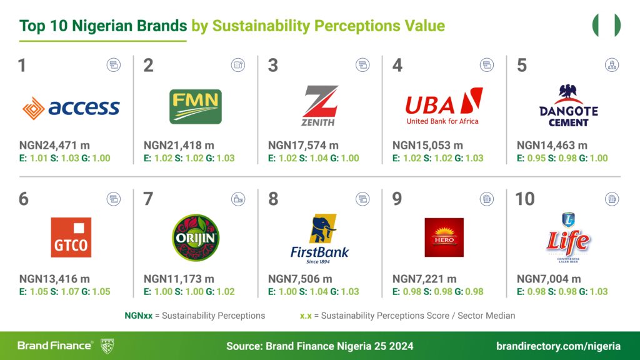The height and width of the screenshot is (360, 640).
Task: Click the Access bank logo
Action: point(71,107)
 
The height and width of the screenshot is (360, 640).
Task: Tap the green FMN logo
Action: point(195,106)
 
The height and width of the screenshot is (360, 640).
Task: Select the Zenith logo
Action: point(320,106)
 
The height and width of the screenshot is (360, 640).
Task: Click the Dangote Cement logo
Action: point(569,106)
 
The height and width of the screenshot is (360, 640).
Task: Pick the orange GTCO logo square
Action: point(71,237)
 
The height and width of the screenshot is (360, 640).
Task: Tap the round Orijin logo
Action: point(195,237)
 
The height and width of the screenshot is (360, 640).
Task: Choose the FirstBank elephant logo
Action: point(319,237)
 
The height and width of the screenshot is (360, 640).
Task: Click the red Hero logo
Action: point(444,237)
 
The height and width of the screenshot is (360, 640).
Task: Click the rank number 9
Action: point(397,199)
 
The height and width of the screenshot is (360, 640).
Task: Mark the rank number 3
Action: point(273,66)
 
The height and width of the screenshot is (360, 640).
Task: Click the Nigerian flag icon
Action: point(606,26)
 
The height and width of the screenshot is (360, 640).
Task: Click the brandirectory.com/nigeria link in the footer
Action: point(558,346)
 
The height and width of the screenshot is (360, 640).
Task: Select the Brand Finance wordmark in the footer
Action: point(55,346)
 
